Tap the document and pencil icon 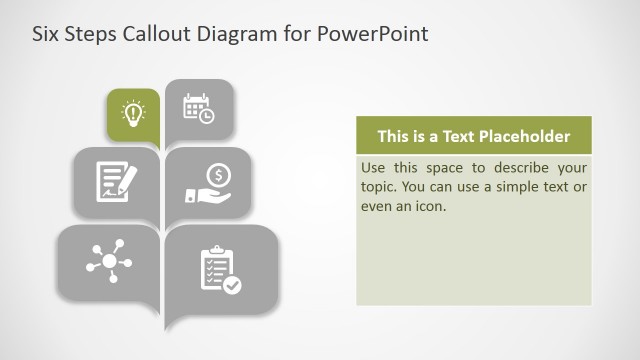(116, 181)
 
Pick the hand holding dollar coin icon (210, 183)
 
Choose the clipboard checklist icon (219, 269)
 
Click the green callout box (133, 116)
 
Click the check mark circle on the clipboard (232, 285)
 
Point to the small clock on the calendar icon (206, 116)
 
